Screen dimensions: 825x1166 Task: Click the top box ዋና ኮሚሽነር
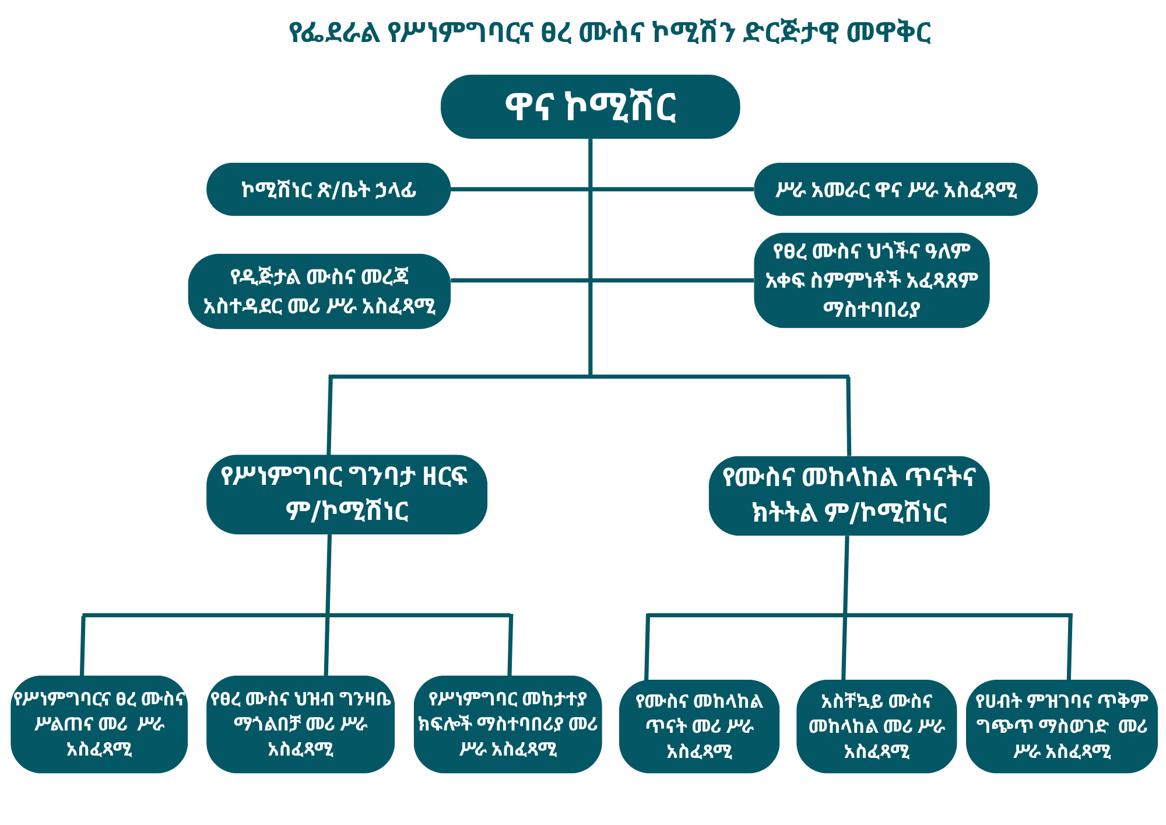590,107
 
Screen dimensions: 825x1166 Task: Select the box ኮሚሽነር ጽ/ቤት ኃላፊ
328,190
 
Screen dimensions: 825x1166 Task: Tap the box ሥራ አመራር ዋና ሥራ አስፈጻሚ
895,190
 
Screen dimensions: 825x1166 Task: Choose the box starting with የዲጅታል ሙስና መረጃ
319,291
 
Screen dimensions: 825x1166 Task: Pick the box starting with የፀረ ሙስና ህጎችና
871,280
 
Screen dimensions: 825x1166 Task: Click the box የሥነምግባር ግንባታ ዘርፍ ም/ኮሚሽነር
346,494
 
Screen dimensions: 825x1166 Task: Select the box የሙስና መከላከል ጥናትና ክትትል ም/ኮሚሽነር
848,495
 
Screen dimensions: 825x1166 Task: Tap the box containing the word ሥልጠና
99,724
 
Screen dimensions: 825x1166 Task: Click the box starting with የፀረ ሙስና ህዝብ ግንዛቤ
300,724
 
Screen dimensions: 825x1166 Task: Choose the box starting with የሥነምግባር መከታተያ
507,724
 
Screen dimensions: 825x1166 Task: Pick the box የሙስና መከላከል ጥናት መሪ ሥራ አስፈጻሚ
698,726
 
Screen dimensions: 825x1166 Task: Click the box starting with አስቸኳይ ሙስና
876,726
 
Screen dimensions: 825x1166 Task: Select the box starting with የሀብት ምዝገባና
1062,726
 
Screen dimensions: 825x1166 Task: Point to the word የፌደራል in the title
335,32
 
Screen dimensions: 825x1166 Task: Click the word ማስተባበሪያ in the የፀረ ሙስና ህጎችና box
871,309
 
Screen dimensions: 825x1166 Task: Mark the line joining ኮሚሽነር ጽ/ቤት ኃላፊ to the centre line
519,189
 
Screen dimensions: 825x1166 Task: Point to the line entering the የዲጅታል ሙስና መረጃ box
519,280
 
